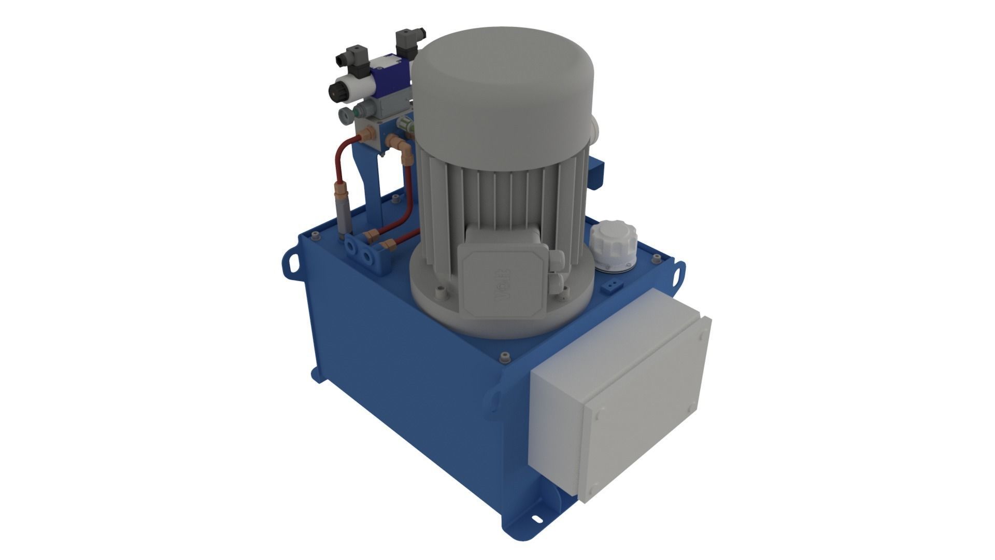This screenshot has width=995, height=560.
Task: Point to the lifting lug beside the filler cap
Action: click(x=678, y=275)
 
